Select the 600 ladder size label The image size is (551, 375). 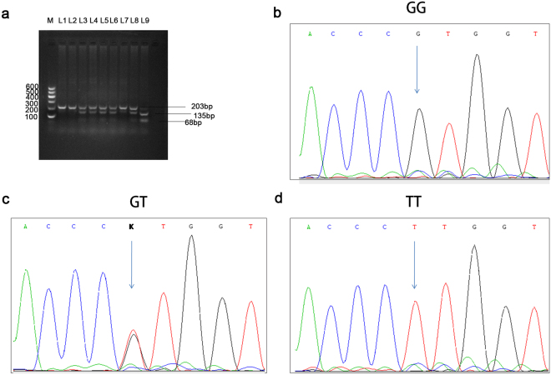click(x=33, y=87)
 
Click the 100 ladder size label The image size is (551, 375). click(x=33, y=117)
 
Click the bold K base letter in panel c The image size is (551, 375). click(x=130, y=226)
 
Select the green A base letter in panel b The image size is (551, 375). click(x=310, y=33)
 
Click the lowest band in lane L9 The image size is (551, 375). click(x=144, y=121)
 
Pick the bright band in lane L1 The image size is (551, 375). click(x=63, y=107)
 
